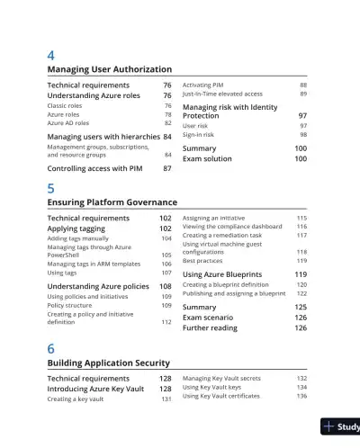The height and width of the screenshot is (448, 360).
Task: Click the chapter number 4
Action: coord(50,55)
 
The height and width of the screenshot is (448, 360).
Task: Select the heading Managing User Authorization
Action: coord(109,69)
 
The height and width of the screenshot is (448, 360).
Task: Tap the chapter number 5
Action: coord(50,188)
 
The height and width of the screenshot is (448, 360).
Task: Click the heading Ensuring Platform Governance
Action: coord(112,202)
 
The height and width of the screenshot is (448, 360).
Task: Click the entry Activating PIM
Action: coord(203,85)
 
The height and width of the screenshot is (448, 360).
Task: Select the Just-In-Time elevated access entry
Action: coord(222,94)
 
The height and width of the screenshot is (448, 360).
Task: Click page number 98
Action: coord(302,135)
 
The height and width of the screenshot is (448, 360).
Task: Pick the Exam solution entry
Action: coord(207,158)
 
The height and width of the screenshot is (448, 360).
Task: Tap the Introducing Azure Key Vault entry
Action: coord(97,389)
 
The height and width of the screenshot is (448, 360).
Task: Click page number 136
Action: coord(301,396)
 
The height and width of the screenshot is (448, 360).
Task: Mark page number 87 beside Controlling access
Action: coord(166,168)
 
